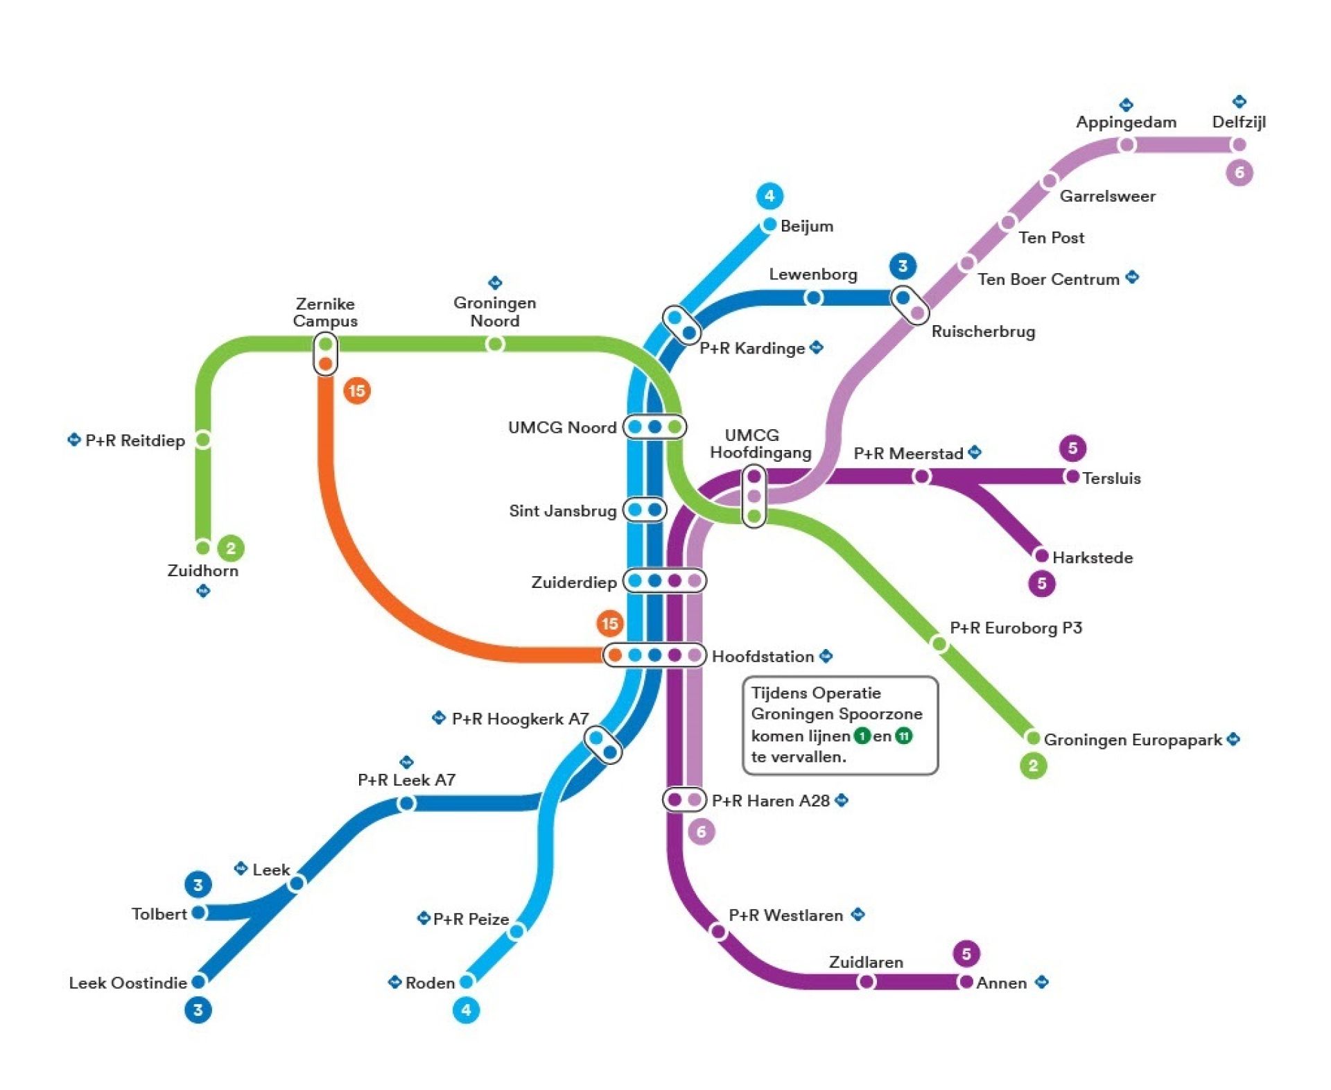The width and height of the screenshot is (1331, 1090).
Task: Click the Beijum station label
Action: [806, 226]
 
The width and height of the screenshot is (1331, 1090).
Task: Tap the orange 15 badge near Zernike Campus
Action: [357, 390]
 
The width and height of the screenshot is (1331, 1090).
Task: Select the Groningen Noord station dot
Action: [495, 344]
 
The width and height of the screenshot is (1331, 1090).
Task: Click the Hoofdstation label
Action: [763, 656]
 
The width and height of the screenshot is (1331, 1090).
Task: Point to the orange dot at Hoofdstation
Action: [615, 655]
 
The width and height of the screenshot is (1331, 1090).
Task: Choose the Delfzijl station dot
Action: [1239, 145]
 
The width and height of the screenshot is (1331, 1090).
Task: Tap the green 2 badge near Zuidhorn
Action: [231, 548]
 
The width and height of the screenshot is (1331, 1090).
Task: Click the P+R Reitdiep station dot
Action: [203, 439]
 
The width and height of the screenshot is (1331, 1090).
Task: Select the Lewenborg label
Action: [812, 275]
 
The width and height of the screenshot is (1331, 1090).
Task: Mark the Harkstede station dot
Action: [1041, 555]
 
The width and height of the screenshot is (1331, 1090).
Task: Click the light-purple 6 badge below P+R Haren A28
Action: [701, 831]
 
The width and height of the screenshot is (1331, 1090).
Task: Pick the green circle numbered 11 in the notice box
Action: [903, 736]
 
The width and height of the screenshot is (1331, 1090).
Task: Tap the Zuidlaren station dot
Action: [866, 981]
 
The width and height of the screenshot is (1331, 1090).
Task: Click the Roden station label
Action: [430, 983]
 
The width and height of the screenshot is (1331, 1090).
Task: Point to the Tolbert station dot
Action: [199, 912]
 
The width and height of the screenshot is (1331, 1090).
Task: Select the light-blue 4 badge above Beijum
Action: [769, 196]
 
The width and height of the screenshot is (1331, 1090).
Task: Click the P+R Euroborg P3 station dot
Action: [939, 644]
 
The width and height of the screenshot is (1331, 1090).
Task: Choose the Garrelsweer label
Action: [1107, 196]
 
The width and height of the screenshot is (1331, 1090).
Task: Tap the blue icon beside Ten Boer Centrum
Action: [1132, 277]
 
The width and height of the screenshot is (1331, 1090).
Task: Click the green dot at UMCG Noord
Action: [675, 426]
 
